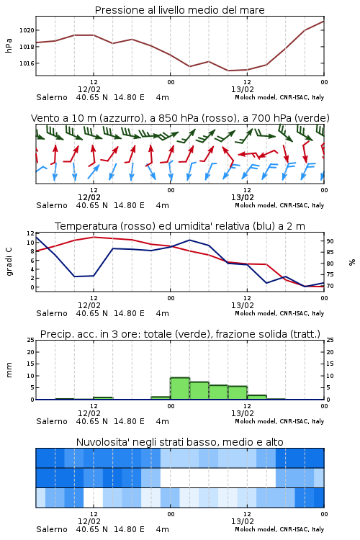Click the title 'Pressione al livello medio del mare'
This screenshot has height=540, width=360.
[179, 10]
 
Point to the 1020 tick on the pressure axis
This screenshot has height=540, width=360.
[27, 30]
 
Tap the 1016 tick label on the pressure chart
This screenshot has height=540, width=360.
[27, 63]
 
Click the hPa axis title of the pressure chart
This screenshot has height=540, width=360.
[9, 45]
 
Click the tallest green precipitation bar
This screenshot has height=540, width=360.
[180, 389]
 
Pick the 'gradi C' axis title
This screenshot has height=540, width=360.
[9, 262]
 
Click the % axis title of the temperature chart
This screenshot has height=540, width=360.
[352, 262]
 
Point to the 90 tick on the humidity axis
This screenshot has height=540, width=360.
[330, 241]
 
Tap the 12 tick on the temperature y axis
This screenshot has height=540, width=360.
[31, 233]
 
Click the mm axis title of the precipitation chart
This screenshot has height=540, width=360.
[9, 370]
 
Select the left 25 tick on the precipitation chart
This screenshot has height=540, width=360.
[31, 340]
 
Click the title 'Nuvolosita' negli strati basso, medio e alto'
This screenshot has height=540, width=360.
[179, 442]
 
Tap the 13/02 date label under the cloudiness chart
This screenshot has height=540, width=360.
[243, 521]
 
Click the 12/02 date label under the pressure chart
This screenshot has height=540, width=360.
[89, 89]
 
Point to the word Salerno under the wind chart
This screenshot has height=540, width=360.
[52, 205]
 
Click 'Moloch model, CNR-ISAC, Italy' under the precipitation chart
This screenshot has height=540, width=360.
[279, 421]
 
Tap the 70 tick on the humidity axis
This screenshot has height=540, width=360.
[330, 286]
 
